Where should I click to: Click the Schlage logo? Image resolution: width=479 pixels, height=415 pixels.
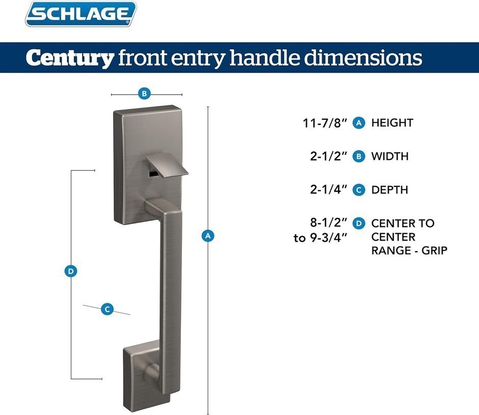pyautogui.click(x=81, y=14)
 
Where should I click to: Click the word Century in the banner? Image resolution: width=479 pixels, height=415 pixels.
pyautogui.click(x=70, y=58)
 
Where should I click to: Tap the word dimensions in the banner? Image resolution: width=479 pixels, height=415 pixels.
pyautogui.click(x=363, y=57)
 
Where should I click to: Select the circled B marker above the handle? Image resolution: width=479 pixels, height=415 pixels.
pyautogui.click(x=144, y=94)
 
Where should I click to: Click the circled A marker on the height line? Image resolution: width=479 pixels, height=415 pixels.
pyautogui.click(x=208, y=236)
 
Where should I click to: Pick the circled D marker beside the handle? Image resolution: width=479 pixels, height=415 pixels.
pyautogui.click(x=71, y=271)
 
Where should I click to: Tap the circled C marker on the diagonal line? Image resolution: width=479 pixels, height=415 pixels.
pyautogui.click(x=107, y=310)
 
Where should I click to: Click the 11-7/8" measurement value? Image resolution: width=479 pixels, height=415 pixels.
pyautogui.click(x=325, y=123)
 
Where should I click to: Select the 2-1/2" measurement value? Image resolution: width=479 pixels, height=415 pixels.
pyautogui.click(x=329, y=156)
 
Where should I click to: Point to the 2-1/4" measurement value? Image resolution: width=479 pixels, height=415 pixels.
pyautogui.click(x=329, y=189)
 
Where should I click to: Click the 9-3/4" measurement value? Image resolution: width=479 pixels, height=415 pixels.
pyautogui.click(x=329, y=238)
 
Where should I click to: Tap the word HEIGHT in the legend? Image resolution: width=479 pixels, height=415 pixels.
pyautogui.click(x=392, y=123)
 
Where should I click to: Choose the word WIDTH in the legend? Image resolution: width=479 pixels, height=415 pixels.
pyautogui.click(x=390, y=156)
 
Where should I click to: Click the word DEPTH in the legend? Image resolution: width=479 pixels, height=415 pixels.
pyautogui.click(x=389, y=190)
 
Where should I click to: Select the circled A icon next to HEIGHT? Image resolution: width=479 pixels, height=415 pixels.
pyautogui.click(x=359, y=123)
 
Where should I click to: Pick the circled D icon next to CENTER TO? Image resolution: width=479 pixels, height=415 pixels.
pyautogui.click(x=359, y=223)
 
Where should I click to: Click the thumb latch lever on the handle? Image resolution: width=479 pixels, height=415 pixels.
pyautogui.click(x=167, y=165)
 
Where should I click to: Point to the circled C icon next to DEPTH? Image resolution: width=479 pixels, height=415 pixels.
pyautogui.click(x=359, y=190)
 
